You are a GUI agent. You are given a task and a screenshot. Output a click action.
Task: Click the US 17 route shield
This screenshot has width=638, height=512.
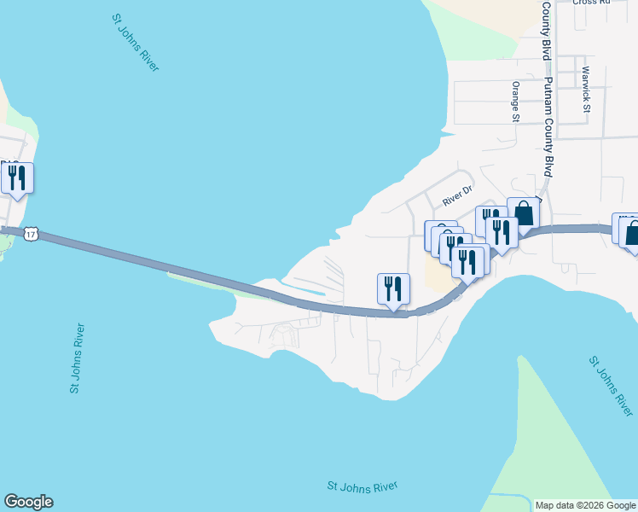click(31, 233)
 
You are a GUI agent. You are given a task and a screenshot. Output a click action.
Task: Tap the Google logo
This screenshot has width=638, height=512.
click(28, 502)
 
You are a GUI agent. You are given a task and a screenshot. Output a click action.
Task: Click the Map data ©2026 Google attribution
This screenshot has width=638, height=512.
click(585, 505)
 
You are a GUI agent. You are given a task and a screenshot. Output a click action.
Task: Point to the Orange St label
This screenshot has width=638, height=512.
click(515, 102)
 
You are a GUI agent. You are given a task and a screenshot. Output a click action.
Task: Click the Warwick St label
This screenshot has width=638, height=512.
click(586, 90)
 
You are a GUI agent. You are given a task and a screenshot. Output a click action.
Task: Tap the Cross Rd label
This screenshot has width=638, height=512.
click(592, 3)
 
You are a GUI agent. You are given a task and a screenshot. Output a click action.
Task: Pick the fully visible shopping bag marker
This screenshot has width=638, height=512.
click(524, 212)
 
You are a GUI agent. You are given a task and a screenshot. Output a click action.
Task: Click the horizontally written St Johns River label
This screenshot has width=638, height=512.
click(362, 486)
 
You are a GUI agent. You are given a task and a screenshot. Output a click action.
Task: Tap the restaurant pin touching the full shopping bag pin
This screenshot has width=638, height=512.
click(502, 232)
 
